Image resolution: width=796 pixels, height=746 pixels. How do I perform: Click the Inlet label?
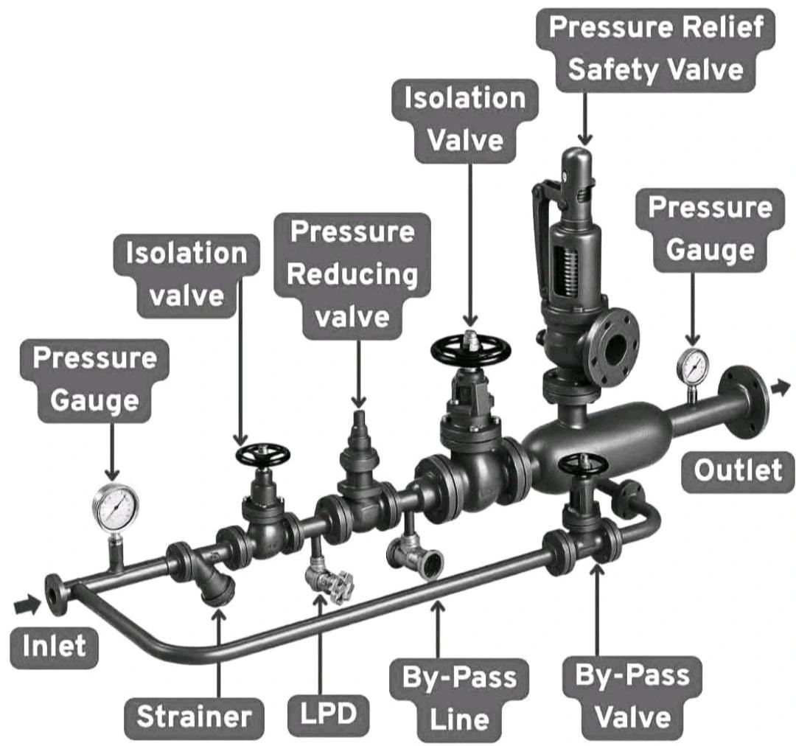(53, 647)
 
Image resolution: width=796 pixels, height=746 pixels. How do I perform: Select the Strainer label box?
(193, 715)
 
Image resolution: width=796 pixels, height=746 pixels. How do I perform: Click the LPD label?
(327, 714)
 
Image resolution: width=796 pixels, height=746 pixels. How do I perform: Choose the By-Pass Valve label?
(632, 697)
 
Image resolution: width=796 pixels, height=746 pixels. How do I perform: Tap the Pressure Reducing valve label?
(352, 273)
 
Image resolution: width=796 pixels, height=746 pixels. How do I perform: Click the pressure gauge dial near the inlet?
(116, 508)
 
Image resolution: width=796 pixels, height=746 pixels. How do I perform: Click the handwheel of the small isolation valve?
(262, 455)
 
